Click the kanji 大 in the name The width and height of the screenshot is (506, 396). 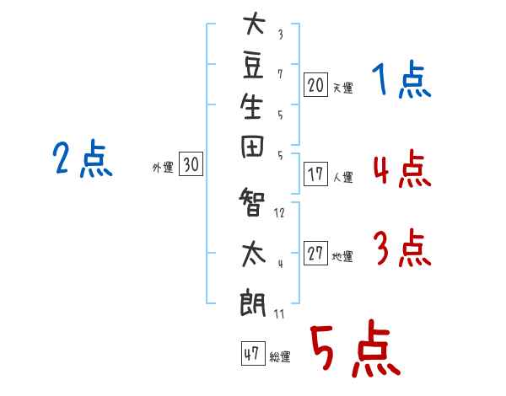coord(254,23)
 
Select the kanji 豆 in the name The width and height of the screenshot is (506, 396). coord(253,66)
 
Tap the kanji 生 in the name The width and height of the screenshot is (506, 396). coord(251,106)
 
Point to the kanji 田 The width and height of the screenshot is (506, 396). coord(252,147)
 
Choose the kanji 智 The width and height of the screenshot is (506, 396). coord(252,202)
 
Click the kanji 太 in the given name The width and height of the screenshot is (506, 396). coord(254,254)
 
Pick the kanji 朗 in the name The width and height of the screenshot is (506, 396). coord(252,302)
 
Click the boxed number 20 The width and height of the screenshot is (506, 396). coord(315,85)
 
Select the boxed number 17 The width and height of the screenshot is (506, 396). coord(315,174)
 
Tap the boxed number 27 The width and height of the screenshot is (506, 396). coord(315,253)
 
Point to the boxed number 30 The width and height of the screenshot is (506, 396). coord(191,163)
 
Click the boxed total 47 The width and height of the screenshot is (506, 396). coord(253,353)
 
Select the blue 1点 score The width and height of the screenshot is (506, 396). coord(401,79)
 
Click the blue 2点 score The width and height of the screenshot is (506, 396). coord(83,159)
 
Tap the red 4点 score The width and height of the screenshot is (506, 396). coord(402,169)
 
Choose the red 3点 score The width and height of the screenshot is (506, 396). coord(402,248)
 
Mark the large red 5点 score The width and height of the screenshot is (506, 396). coord(355,348)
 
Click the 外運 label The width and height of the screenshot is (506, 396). coord(163,168)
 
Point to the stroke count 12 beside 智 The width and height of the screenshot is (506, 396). coord(279,213)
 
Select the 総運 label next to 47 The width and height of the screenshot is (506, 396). coord(280,357)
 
